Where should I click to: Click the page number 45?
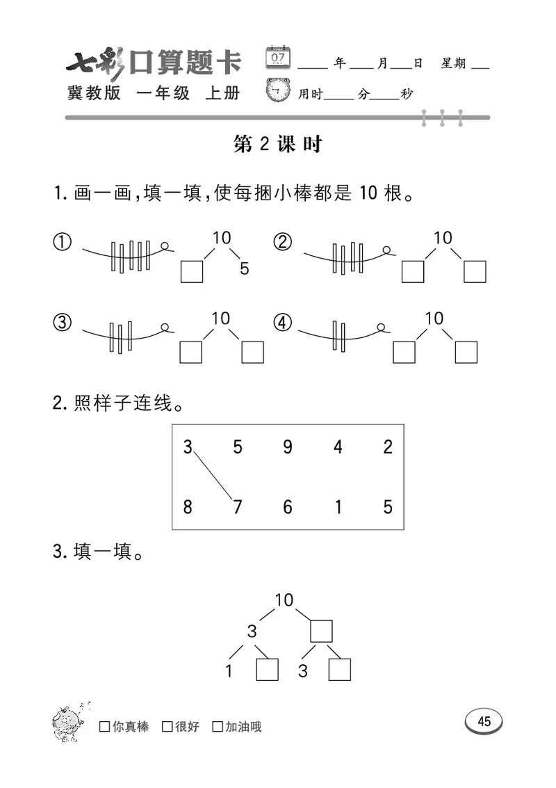[x=484, y=721]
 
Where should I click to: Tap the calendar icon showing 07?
[x=279, y=57]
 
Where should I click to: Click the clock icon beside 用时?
[x=279, y=90]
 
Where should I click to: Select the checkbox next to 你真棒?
[x=105, y=727]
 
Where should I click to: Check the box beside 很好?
[x=167, y=727]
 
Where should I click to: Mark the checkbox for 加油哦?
[x=218, y=727]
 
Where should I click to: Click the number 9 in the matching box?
[x=288, y=447]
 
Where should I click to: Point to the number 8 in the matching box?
[x=188, y=506]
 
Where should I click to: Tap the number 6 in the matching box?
[x=288, y=506]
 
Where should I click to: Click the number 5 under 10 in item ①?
[x=244, y=268]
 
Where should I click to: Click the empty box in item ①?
[x=192, y=271]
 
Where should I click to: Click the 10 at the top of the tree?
[x=284, y=600]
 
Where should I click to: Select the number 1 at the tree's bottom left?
[x=229, y=671]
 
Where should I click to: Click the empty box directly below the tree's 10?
[x=321, y=632]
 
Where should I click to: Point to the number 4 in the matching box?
[x=338, y=447]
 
